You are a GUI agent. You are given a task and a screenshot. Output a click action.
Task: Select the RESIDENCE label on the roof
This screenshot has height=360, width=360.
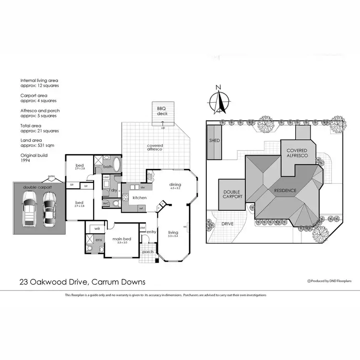285,191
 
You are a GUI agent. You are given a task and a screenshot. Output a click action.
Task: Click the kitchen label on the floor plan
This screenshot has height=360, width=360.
139,198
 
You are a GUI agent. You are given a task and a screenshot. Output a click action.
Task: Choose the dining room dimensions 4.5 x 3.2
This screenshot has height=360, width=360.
175,188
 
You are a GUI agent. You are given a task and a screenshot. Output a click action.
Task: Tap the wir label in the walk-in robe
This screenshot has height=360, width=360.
97,228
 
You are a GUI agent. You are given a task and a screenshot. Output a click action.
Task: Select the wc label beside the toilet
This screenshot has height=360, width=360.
106,204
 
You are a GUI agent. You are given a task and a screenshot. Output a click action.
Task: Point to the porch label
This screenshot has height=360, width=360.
148,252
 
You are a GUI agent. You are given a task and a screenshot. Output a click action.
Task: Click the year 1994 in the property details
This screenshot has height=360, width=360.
25,161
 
